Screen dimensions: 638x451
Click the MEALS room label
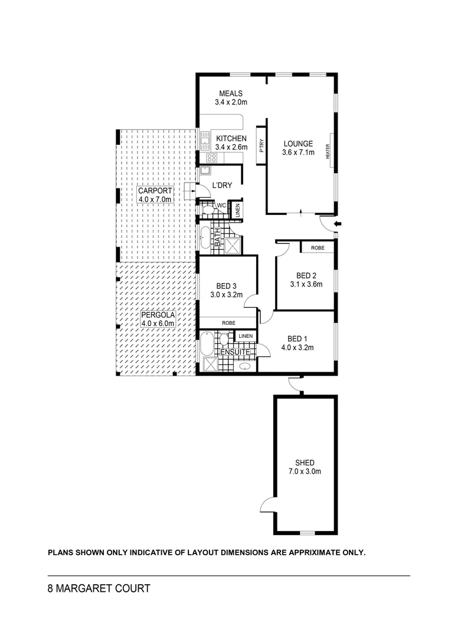(x=231, y=94)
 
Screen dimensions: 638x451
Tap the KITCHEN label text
(x=231, y=139)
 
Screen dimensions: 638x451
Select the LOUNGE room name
(x=298, y=144)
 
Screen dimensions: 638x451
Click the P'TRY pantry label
(x=261, y=145)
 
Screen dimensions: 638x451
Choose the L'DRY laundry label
(x=222, y=185)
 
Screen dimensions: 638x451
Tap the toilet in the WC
(x=208, y=209)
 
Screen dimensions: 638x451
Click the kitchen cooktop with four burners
(x=211, y=158)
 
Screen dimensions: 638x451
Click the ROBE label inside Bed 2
(x=318, y=248)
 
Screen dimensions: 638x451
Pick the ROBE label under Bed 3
(x=228, y=323)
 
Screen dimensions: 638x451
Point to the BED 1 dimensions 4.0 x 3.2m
(x=297, y=347)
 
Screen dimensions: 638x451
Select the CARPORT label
(x=155, y=191)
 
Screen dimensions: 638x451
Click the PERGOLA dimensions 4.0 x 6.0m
(x=158, y=324)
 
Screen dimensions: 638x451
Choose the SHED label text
(x=305, y=463)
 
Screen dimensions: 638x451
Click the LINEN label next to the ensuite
(x=246, y=336)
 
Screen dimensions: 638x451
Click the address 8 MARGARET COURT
(x=99, y=589)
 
